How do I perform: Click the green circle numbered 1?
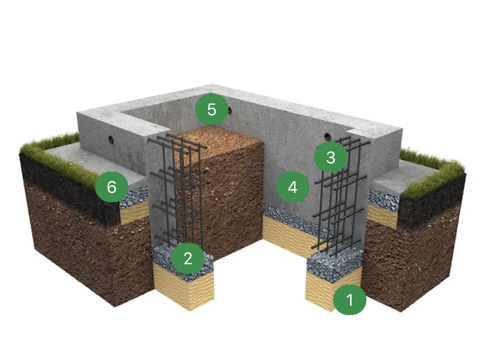350,300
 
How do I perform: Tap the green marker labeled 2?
188,258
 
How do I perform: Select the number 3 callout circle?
331,157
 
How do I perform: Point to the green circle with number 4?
293,187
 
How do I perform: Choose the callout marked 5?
212,110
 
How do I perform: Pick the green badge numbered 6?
112,187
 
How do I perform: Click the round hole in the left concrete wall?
111,140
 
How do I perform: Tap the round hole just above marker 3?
327,137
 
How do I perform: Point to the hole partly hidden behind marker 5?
229,110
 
